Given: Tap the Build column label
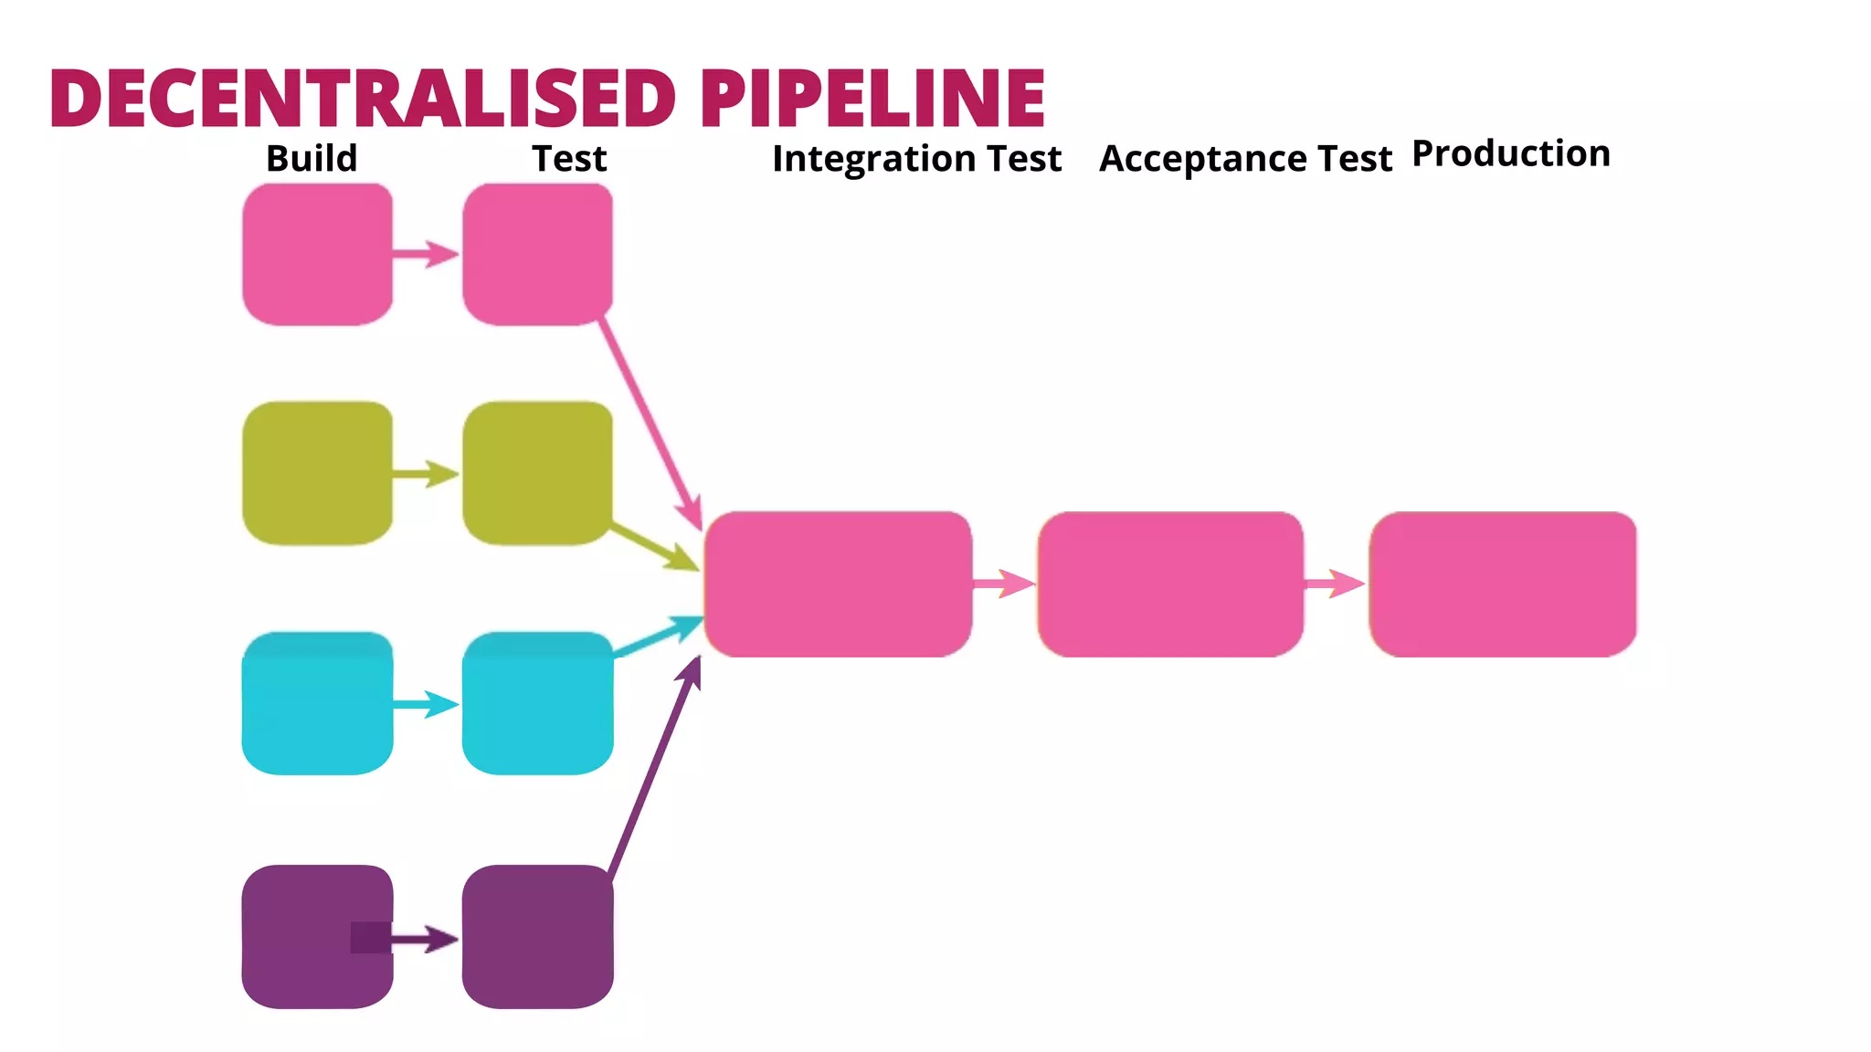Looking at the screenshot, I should point(312,159).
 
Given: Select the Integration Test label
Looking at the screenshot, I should point(916,159).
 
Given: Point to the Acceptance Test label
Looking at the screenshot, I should point(1245,159).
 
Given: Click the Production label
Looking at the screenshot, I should point(1511,153).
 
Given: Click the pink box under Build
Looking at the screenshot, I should point(317,254).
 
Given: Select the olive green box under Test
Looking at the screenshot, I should point(537,473).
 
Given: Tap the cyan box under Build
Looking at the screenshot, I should point(317,703).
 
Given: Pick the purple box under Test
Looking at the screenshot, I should point(537,936).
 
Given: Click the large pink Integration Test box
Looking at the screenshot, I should point(838,584).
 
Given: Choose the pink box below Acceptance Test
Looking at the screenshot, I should point(1170,584).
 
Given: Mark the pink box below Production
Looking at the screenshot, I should point(1503,584).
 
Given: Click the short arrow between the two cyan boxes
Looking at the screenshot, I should point(426,704).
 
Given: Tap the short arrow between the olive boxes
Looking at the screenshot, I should point(426,474).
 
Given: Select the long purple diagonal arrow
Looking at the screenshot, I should point(653,772).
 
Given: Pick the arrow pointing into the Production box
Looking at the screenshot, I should point(1335,584).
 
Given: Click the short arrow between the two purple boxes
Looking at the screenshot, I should point(426,939).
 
